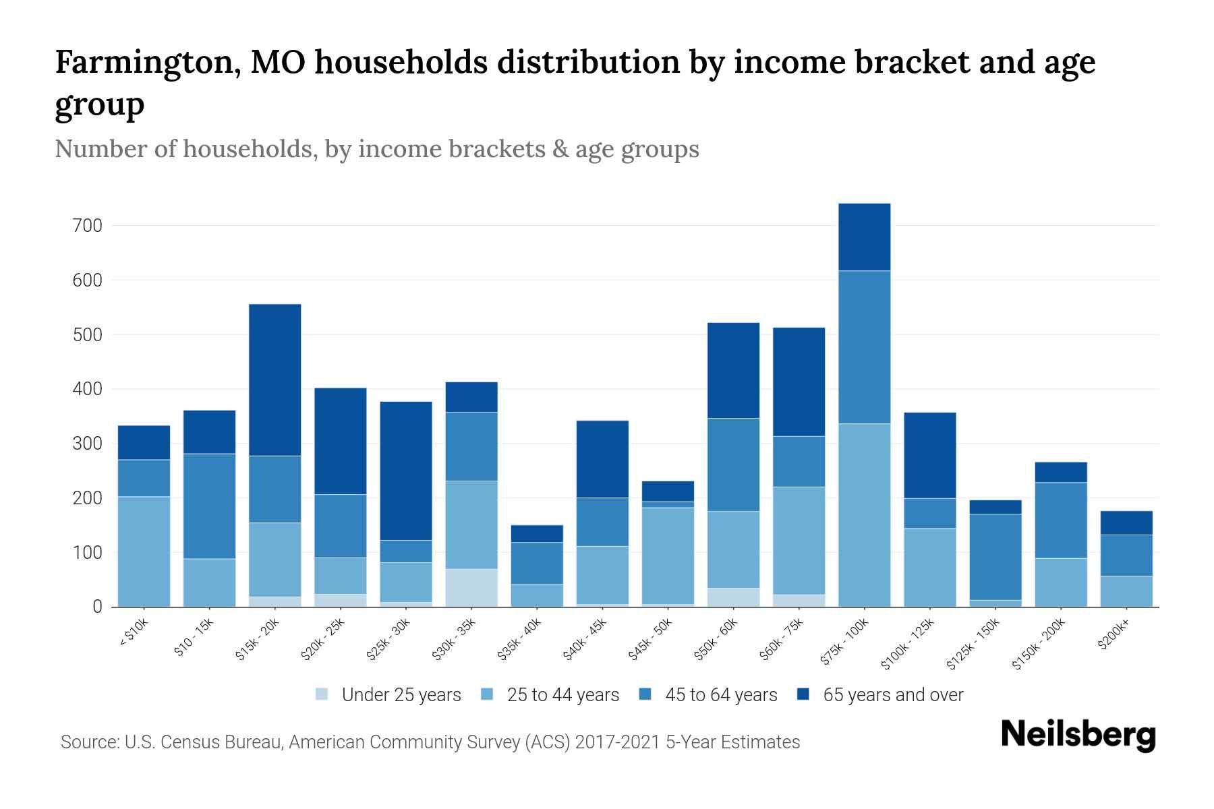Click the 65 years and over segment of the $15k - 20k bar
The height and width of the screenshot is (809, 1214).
275,380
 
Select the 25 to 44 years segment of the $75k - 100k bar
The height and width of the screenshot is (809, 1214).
864,514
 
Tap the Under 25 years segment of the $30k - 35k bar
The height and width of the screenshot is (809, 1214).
471,587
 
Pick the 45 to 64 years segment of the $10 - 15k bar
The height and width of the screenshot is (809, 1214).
210,506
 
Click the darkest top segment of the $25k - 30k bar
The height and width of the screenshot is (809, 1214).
406,471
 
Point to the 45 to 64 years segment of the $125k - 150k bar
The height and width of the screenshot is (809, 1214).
995,556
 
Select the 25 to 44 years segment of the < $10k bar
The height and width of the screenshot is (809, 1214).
144,551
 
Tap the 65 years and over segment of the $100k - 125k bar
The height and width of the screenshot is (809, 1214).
929,455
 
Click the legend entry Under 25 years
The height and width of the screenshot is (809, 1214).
388,695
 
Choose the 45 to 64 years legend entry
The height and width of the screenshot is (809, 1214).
708,695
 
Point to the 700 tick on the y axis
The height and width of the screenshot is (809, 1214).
87,226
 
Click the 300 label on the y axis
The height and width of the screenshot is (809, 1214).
87,444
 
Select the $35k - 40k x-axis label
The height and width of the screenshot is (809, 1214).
519,640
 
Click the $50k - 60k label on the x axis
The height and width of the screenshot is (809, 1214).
716,640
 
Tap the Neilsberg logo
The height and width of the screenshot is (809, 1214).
1078,735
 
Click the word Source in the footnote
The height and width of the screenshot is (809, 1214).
89,742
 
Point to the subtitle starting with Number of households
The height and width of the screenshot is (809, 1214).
376,148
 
